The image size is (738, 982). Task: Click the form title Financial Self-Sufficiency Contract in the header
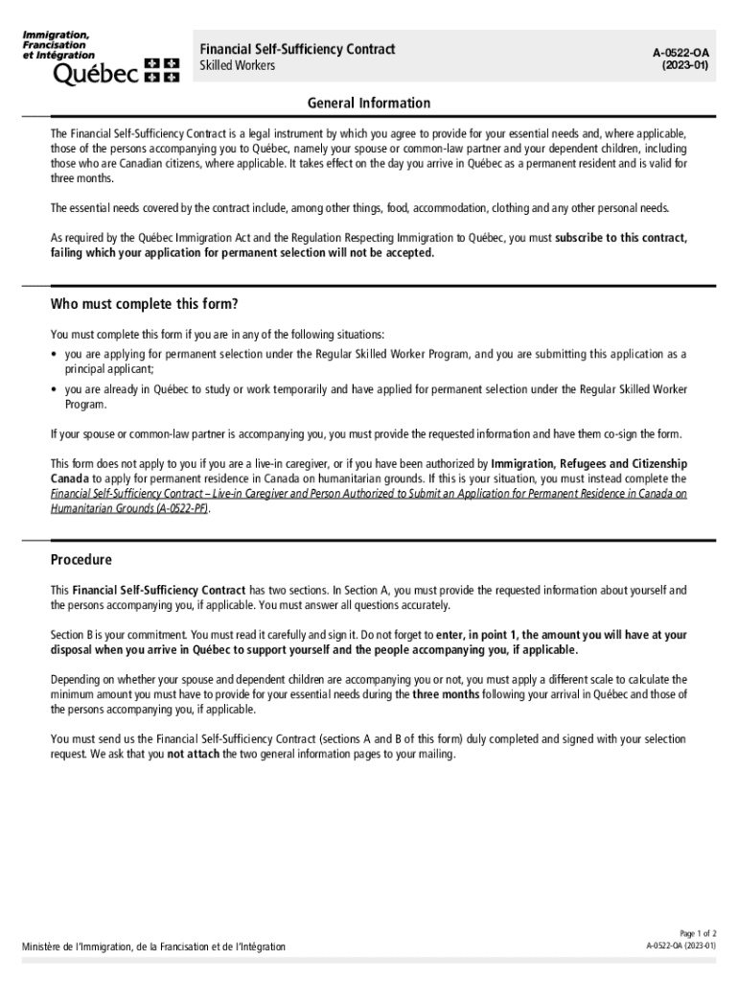coord(297,49)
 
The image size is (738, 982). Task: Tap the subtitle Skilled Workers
coord(237,65)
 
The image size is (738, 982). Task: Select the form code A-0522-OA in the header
coord(683,53)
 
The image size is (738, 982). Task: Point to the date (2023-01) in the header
coord(684,66)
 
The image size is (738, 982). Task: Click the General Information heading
coord(369,103)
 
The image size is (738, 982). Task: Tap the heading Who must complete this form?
coord(144,305)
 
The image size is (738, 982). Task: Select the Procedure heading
coord(81,560)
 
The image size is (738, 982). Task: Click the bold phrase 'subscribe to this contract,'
coord(620,238)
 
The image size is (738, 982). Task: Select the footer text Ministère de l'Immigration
coord(153,947)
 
